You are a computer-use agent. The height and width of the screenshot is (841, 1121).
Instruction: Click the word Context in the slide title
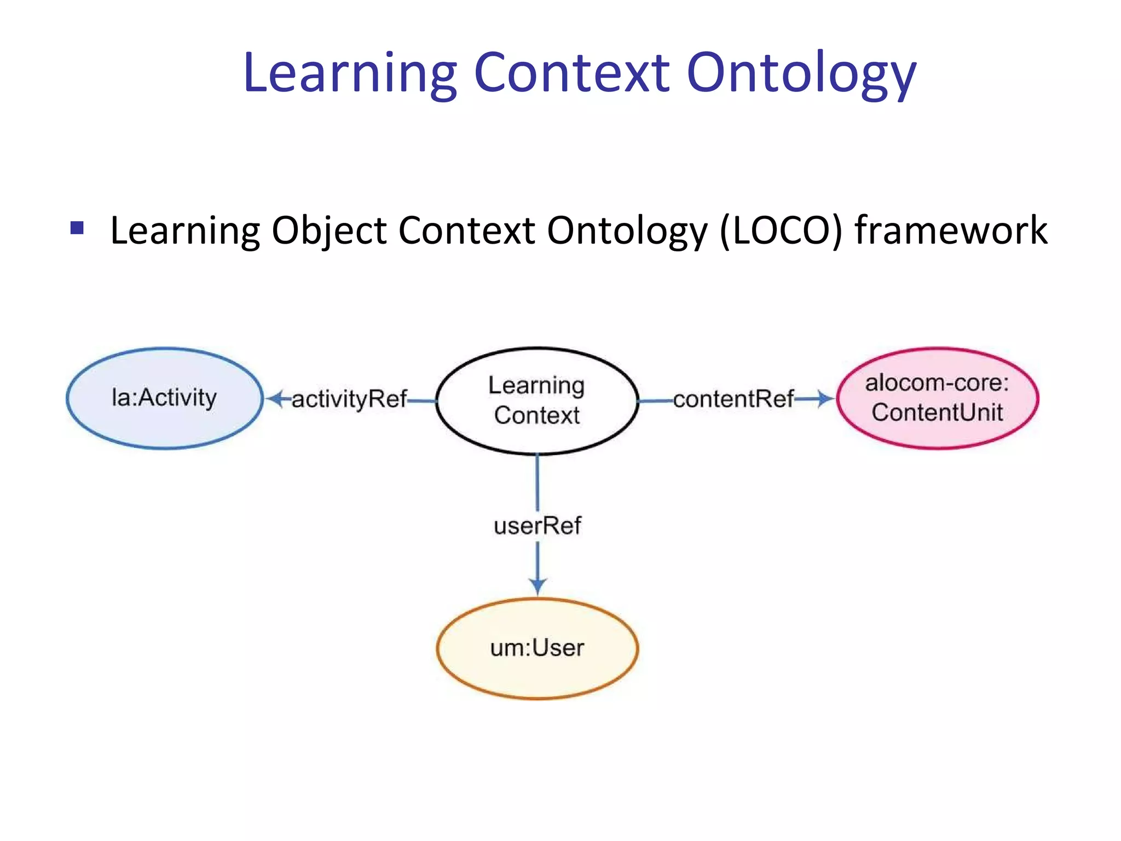tap(571, 72)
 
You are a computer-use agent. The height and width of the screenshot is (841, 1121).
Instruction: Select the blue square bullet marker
tap(77, 227)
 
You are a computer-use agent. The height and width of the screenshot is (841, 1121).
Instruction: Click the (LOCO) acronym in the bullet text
tap(781, 230)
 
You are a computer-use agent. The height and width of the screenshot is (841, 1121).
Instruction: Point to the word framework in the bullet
tap(951, 230)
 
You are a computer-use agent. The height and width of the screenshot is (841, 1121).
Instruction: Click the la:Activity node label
tap(164, 398)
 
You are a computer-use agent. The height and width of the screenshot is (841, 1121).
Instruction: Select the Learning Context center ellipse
tap(537, 400)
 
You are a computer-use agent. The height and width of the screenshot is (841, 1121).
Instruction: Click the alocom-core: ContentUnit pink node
tap(937, 398)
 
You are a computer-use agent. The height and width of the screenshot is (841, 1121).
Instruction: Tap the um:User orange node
tap(537, 648)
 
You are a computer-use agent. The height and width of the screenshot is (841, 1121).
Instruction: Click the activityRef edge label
tap(349, 399)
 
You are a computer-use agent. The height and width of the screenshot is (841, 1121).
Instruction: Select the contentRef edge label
tap(733, 399)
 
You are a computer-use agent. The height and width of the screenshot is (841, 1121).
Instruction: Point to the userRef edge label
tap(537, 526)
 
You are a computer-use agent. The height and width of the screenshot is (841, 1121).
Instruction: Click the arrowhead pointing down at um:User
tap(538, 586)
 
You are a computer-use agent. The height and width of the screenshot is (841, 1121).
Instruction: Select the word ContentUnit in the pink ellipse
tap(937, 412)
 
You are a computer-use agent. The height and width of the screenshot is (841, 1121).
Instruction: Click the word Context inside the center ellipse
tap(537, 415)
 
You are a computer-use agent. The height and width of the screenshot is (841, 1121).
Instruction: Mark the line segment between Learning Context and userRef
tap(538, 482)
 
